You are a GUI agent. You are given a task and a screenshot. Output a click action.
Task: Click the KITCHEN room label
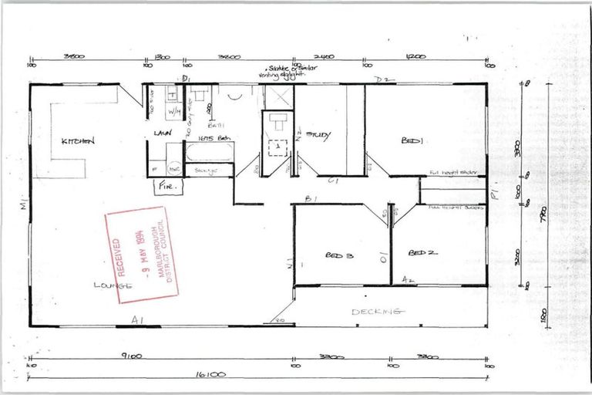[78, 141]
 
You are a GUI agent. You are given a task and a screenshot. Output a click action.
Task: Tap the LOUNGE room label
[113, 285]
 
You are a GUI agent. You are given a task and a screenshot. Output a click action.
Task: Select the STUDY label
[318, 136]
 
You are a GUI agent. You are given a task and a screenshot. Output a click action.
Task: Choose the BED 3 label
[339, 255]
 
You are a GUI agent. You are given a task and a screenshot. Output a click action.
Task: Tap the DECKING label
[377, 312]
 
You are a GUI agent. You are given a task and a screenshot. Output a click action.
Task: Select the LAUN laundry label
[162, 133]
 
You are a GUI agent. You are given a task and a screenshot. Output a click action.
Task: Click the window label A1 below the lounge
[137, 319]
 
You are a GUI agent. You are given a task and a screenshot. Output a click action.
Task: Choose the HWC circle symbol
[175, 167]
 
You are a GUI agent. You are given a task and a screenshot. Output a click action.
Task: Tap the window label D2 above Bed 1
[379, 80]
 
